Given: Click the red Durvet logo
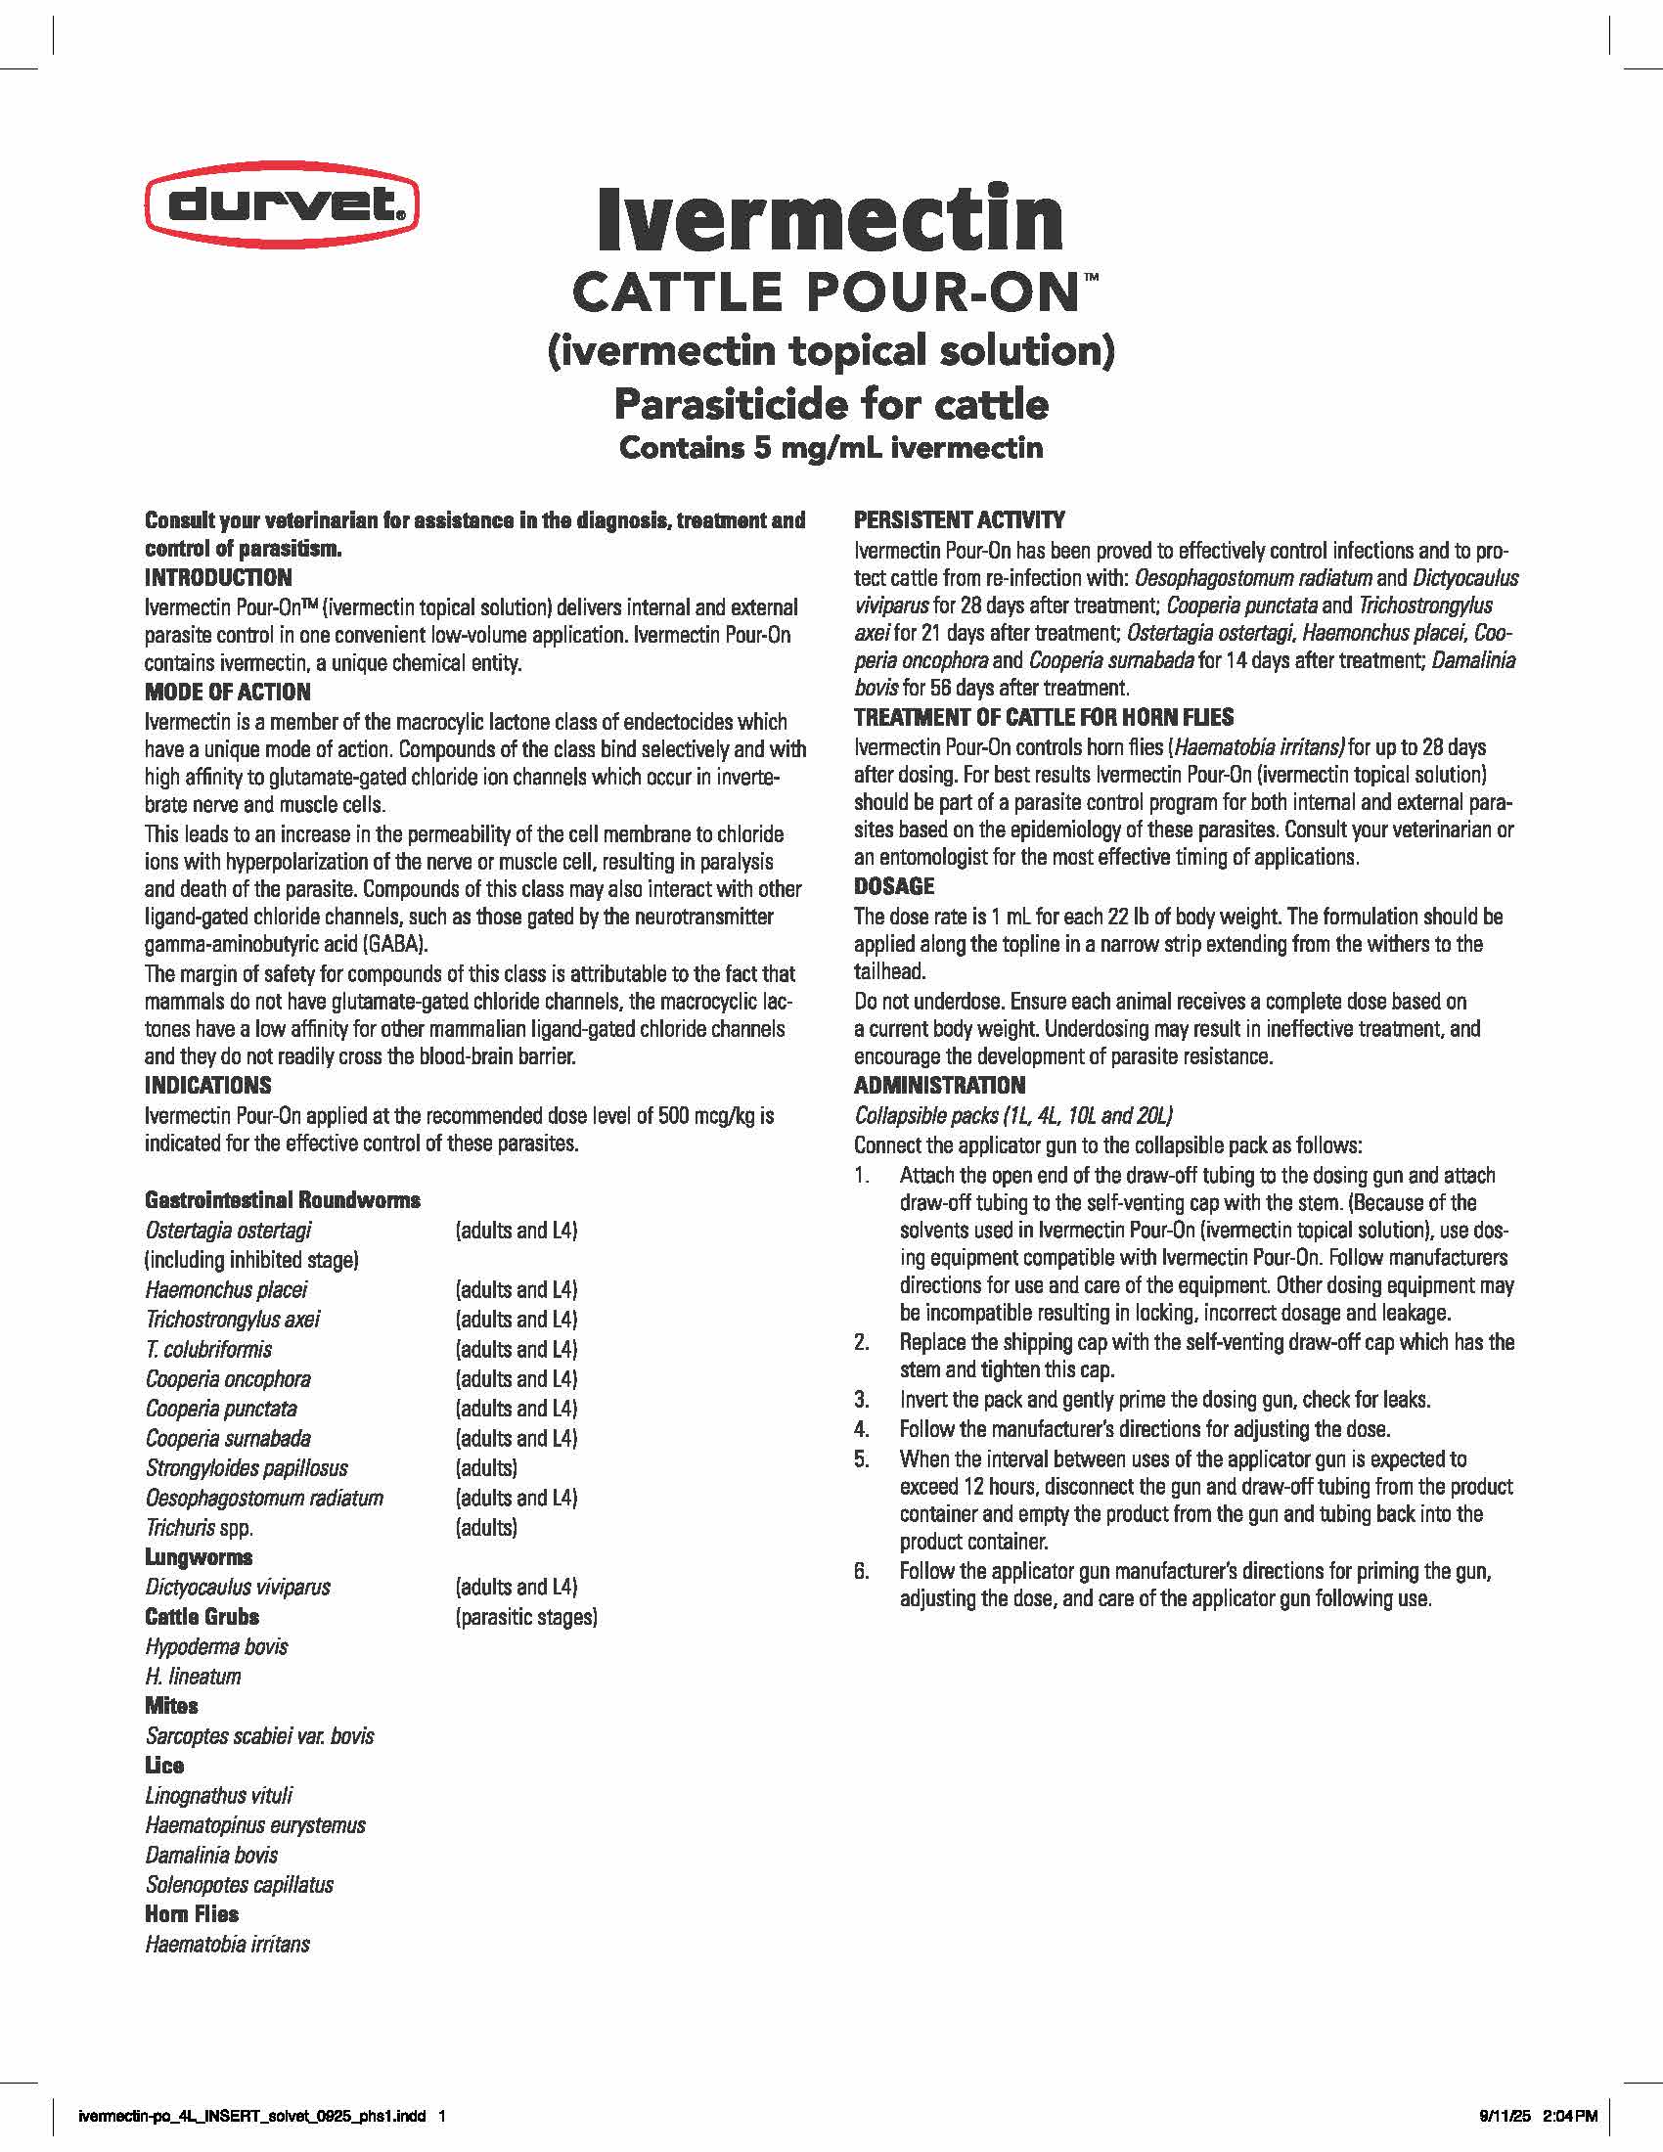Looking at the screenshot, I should tap(282, 205).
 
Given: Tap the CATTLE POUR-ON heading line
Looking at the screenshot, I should tap(831, 292).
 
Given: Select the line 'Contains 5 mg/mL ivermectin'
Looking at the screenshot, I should tap(831, 448).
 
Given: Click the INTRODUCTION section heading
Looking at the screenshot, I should tap(218, 577).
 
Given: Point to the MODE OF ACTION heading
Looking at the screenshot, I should tap(228, 692).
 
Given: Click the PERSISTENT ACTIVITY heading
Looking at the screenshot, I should tap(959, 519).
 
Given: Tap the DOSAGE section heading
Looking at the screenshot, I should tap(893, 886).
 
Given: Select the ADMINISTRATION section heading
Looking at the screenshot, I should tap(939, 1085).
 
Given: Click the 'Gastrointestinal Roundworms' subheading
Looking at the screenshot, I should tap(283, 1199).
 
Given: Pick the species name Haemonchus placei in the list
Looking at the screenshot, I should tap(227, 1289).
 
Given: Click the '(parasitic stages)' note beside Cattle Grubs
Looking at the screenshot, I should tap(526, 1616).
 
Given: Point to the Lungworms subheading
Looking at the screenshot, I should tap(199, 1557).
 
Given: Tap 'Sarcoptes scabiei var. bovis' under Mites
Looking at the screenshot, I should tap(260, 1735).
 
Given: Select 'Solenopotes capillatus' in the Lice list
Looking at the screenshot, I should tap(240, 1884).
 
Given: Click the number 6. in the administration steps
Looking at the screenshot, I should tap(861, 1571).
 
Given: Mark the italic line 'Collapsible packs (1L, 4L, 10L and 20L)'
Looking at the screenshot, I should tap(1012, 1115).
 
